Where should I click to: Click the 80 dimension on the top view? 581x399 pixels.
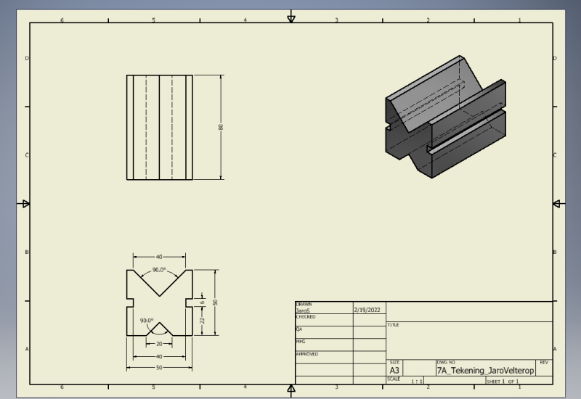[x=221, y=127]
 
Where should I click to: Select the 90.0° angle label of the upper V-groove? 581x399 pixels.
[x=159, y=271]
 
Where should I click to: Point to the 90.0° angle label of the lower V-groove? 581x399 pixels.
[x=147, y=320]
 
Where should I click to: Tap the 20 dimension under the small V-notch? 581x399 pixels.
[x=159, y=344]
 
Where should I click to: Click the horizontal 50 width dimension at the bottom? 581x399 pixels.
[x=159, y=368]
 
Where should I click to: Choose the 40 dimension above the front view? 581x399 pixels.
[x=159, y=257]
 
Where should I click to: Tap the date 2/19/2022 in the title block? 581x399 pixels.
[x=367, y=310]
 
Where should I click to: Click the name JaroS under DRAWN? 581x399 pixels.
[x=305, y=310]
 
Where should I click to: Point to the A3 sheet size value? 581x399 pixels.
[x=394, y=370]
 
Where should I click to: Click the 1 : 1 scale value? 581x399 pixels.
[x=417, y=381]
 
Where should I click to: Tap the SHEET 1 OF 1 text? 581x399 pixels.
[x=503, y=381]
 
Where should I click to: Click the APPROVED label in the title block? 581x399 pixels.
[x=307, y=354]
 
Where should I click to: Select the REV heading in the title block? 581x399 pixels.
[x=545, y=361]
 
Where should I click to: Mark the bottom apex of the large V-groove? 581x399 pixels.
[x=159, y=297]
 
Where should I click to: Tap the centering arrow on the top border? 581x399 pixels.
[x=291, y=17]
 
